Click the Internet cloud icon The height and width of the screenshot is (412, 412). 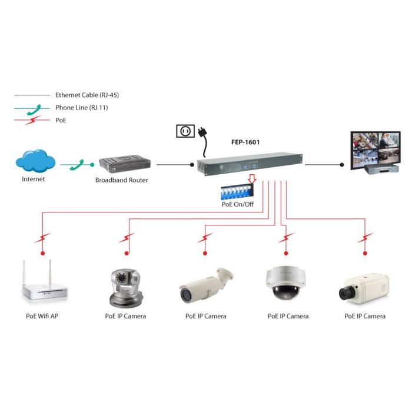click(x=36, y=161)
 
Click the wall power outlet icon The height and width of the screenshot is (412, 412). click(x=185, y=131)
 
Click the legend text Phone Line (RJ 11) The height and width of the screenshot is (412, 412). click(x=82, y=108)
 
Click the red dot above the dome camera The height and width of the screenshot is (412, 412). click(x=286, y=254)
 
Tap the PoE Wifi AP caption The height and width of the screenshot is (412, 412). click(x=42, y=316)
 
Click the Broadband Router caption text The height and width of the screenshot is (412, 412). click(x=122, y=180)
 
